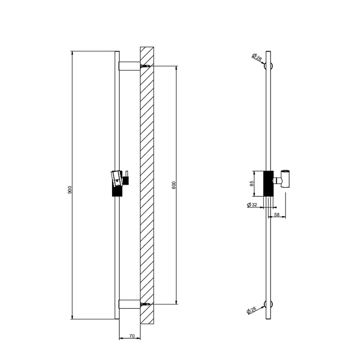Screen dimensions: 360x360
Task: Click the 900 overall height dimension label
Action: tap(70, 190)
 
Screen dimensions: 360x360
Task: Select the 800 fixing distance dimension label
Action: tap(173, 185)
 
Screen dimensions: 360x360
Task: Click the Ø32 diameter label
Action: tap(252, 205)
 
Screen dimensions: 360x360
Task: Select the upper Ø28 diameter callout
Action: tap(257, 58)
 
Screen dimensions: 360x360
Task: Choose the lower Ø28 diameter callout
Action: tap(252, 310)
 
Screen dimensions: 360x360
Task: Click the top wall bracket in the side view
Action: tap(129, 66)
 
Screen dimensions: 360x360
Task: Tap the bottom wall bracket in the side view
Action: tap(129, 304)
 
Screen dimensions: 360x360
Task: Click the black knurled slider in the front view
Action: tap(267, 183)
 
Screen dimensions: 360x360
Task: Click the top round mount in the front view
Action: tap(268, 66)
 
